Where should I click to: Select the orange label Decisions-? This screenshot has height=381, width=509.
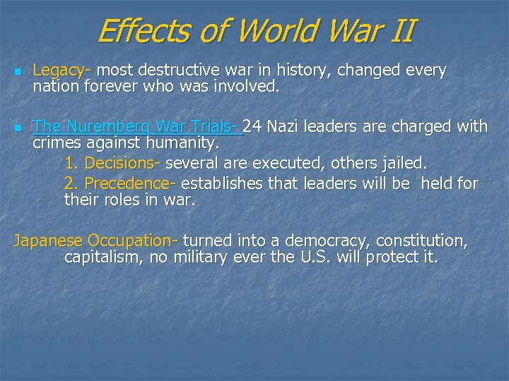(x=121, y=164)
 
